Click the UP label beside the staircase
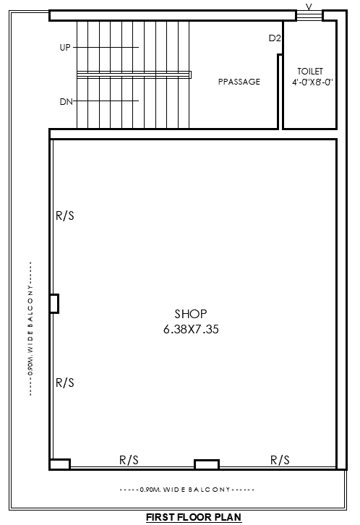tap(66, 48)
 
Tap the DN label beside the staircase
tap(66, 102)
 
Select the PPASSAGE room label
tap(239, 82)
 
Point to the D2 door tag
tap(274, 38)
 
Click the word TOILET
tap(310, 71)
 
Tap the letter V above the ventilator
tap(309, 7)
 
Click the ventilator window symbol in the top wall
tap(309, 15)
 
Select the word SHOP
tap(191, 314)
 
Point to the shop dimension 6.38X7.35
tap(191, 329)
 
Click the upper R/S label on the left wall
tap(65, 215)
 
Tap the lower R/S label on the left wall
tap(65, 383)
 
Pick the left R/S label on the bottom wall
tap(129, 459)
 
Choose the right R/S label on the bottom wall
tap(280, 459)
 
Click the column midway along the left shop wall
tap(53, 303)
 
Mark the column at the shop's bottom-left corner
tap(59, 464)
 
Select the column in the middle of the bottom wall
tap(207, 464)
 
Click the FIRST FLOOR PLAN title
tap(193, 517)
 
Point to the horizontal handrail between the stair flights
tap(134, 74)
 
